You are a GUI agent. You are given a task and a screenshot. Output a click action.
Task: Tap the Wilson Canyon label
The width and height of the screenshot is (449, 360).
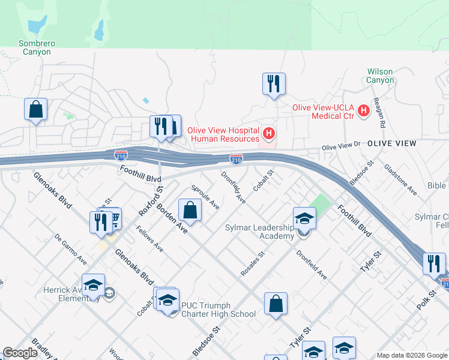coord(381,76)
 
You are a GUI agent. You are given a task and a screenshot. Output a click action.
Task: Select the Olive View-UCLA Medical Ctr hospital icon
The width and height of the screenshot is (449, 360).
coord(363,110)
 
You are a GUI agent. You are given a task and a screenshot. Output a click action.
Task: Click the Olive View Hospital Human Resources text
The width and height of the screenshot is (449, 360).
coord(223,134)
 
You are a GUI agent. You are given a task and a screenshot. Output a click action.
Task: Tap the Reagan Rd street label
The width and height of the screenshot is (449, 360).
coord(378,113)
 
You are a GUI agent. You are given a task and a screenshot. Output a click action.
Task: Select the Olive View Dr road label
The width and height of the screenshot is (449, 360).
coord(340,146)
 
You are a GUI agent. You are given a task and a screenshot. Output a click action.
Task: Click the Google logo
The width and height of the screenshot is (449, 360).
coord(20,353)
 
